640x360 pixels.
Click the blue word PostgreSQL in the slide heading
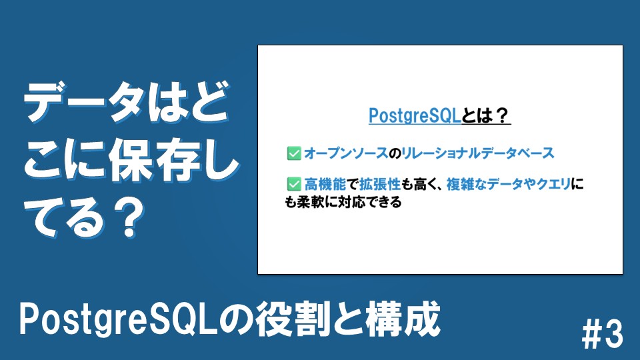pyautogui.click(x=415, y=116)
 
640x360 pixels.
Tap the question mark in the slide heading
pyautogui.click(x=501, y=116)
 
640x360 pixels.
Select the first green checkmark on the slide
pyautogui.click(x=294, y=153)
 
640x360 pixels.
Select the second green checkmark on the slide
pyautogui.click(x=294, y=185)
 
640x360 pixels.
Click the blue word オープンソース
pyautogui.click(x=346, y=153)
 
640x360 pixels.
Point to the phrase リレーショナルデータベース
pyautogui.click(x=478, y=153)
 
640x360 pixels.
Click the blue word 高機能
pyautogui.click(x=325, y=185)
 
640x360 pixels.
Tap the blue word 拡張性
pyautogui.click(x=380, y=185)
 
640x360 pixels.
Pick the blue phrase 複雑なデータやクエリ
pyautogui.click(x=509, y=185)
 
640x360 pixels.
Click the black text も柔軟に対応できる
pyautogui.click(x=343, y=202)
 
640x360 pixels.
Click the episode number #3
pyautogui.click(x=603, y=334)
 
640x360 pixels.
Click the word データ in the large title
pyautogui.click(x=84, y=102)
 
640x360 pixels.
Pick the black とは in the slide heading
pyautogui.click(x=477, y=116)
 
